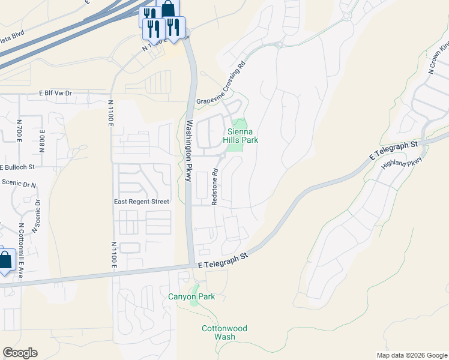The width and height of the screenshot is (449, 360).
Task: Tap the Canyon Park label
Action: click(190, 296)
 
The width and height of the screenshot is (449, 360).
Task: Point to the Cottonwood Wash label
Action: click(224, 332)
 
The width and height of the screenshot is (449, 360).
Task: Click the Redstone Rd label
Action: click(214, 187)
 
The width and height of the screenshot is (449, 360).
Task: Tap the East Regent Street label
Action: click(142, 202)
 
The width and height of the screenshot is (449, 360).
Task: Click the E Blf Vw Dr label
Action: click(55, 94)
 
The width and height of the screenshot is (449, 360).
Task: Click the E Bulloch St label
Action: click(18, 166)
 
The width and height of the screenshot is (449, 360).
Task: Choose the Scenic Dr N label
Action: click(19, 183)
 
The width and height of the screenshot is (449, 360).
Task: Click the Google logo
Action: click(20, 353)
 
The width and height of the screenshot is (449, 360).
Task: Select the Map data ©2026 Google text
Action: click(412, 355)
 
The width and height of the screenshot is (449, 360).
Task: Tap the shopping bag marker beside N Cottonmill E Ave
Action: click(5, 260)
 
